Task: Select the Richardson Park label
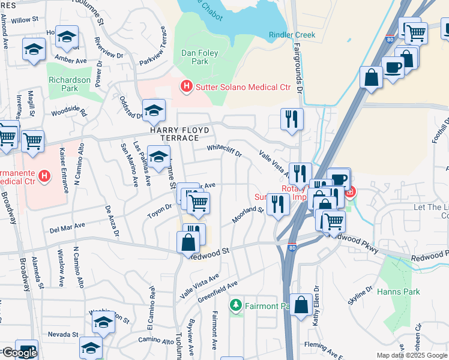click(70, 84)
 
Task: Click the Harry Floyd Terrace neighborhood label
click(180, 134)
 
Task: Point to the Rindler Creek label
click(292, 35)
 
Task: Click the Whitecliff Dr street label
click(224, 151)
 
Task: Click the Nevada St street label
click(59, 334)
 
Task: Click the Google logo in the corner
click(19, 353)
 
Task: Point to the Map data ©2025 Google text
click(411, 355)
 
